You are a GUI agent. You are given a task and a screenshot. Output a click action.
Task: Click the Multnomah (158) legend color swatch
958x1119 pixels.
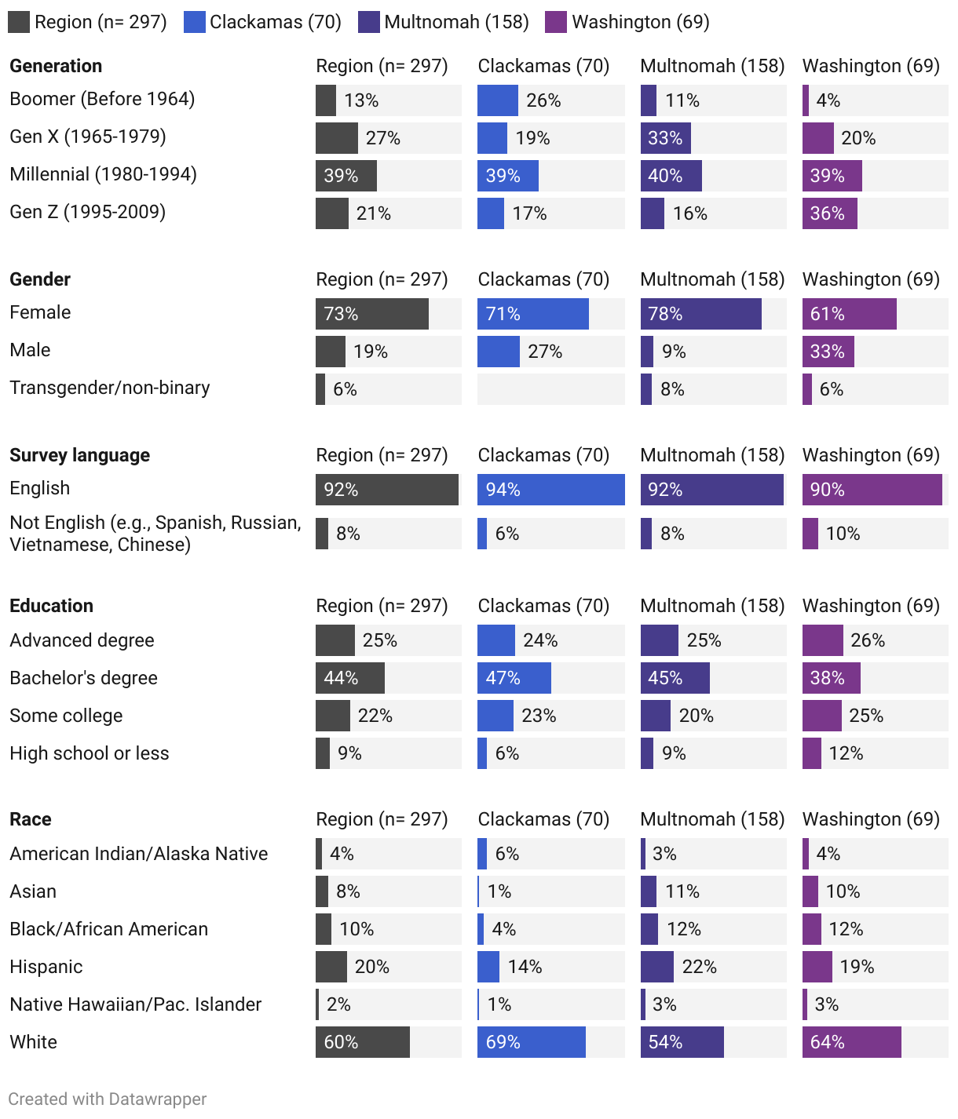click(369, 22)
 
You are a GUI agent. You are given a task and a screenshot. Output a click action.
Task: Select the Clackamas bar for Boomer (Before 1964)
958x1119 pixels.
click(497, 100)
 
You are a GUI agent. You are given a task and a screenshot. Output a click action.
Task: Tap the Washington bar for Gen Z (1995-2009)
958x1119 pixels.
click(829, 213)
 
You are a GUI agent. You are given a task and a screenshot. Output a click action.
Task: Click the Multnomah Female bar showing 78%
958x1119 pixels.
click(700, 314)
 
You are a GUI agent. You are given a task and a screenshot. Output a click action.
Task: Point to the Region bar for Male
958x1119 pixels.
click(330, 352)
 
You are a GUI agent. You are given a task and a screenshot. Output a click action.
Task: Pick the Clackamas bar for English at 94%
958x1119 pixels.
click(550, 490)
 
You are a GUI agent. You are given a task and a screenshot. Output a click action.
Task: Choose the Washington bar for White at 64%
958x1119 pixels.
click(851, 1042)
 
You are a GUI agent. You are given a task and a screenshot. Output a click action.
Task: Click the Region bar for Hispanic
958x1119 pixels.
click(331, 967)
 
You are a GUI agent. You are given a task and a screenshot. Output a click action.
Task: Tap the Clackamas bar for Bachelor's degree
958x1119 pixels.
click(514, 678)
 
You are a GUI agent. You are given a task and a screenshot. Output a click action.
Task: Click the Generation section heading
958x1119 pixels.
click(56, 66)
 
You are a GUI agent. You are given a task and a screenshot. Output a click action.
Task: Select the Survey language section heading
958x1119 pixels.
click(79, 455)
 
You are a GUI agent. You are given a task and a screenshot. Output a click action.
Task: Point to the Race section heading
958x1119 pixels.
click(31, 819)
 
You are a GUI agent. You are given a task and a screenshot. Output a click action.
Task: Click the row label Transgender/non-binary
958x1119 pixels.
click(109, 388)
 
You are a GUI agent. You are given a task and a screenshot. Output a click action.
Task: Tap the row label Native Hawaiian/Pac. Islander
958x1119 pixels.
click(135, 1004)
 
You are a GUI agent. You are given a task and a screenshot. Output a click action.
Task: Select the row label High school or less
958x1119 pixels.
click(89, 753)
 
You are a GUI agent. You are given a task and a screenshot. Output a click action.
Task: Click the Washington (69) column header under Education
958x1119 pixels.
click(871, 606)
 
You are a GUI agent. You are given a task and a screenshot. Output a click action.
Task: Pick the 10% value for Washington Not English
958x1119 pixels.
click(843, 534)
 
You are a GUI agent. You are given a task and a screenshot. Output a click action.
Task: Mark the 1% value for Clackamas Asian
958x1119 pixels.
click(499, 891)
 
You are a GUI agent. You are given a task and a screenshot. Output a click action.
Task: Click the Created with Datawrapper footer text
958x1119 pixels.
click(108, 1099)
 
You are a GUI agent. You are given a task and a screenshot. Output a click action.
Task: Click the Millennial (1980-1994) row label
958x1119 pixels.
click(103, 174)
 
